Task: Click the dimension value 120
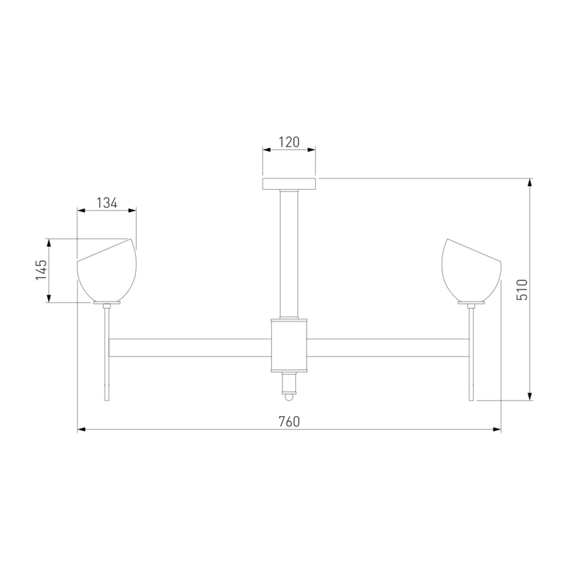(x=289, y=142)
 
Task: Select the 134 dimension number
(x=107, y=203)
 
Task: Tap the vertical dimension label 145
(x=41, y=270)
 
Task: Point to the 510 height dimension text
(x=522, y=289)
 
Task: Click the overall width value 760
(x=289, y=422)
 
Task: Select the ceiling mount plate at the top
(x=289, y=184)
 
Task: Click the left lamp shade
(x=107, y=270)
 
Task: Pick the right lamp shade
(x=472, y=270)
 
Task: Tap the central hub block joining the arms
(x=289, y=346)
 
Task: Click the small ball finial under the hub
(x=289, y=397)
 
